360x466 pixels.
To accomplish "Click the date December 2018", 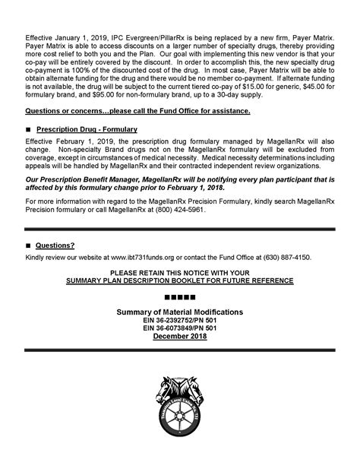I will (x=179, y=337).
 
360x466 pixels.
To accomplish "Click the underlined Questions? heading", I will (x=55, y=246).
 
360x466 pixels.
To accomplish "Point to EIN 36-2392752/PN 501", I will (x=179, y=321).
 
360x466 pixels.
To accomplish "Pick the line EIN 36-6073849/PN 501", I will (x=179, y=328).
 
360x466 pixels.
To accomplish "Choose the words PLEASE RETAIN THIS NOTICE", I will (x=156, y=272).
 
